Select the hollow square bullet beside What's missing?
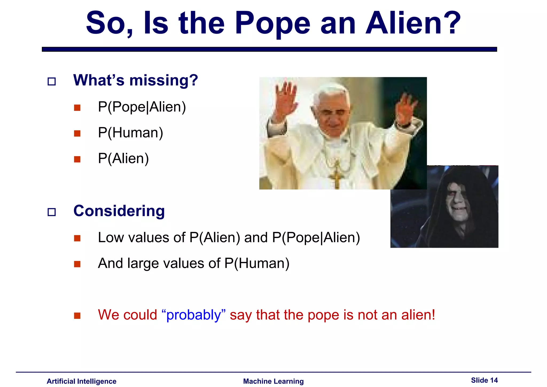(x=52, y=81)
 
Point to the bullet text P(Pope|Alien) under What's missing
(x=142, y=107)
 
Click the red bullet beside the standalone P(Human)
(x=77, y=133)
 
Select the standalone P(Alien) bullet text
(x=123, y=158)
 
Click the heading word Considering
(x=119, y=211)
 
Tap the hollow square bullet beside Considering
(x=52, y=212)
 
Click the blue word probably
(x=194, y=315)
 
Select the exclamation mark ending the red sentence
(x=433, y=314)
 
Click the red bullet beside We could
(x=77, y=316)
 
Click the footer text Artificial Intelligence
(x=81, y=381)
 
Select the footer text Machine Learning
(x=273, y=381)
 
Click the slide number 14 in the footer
(x=494, y=380)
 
